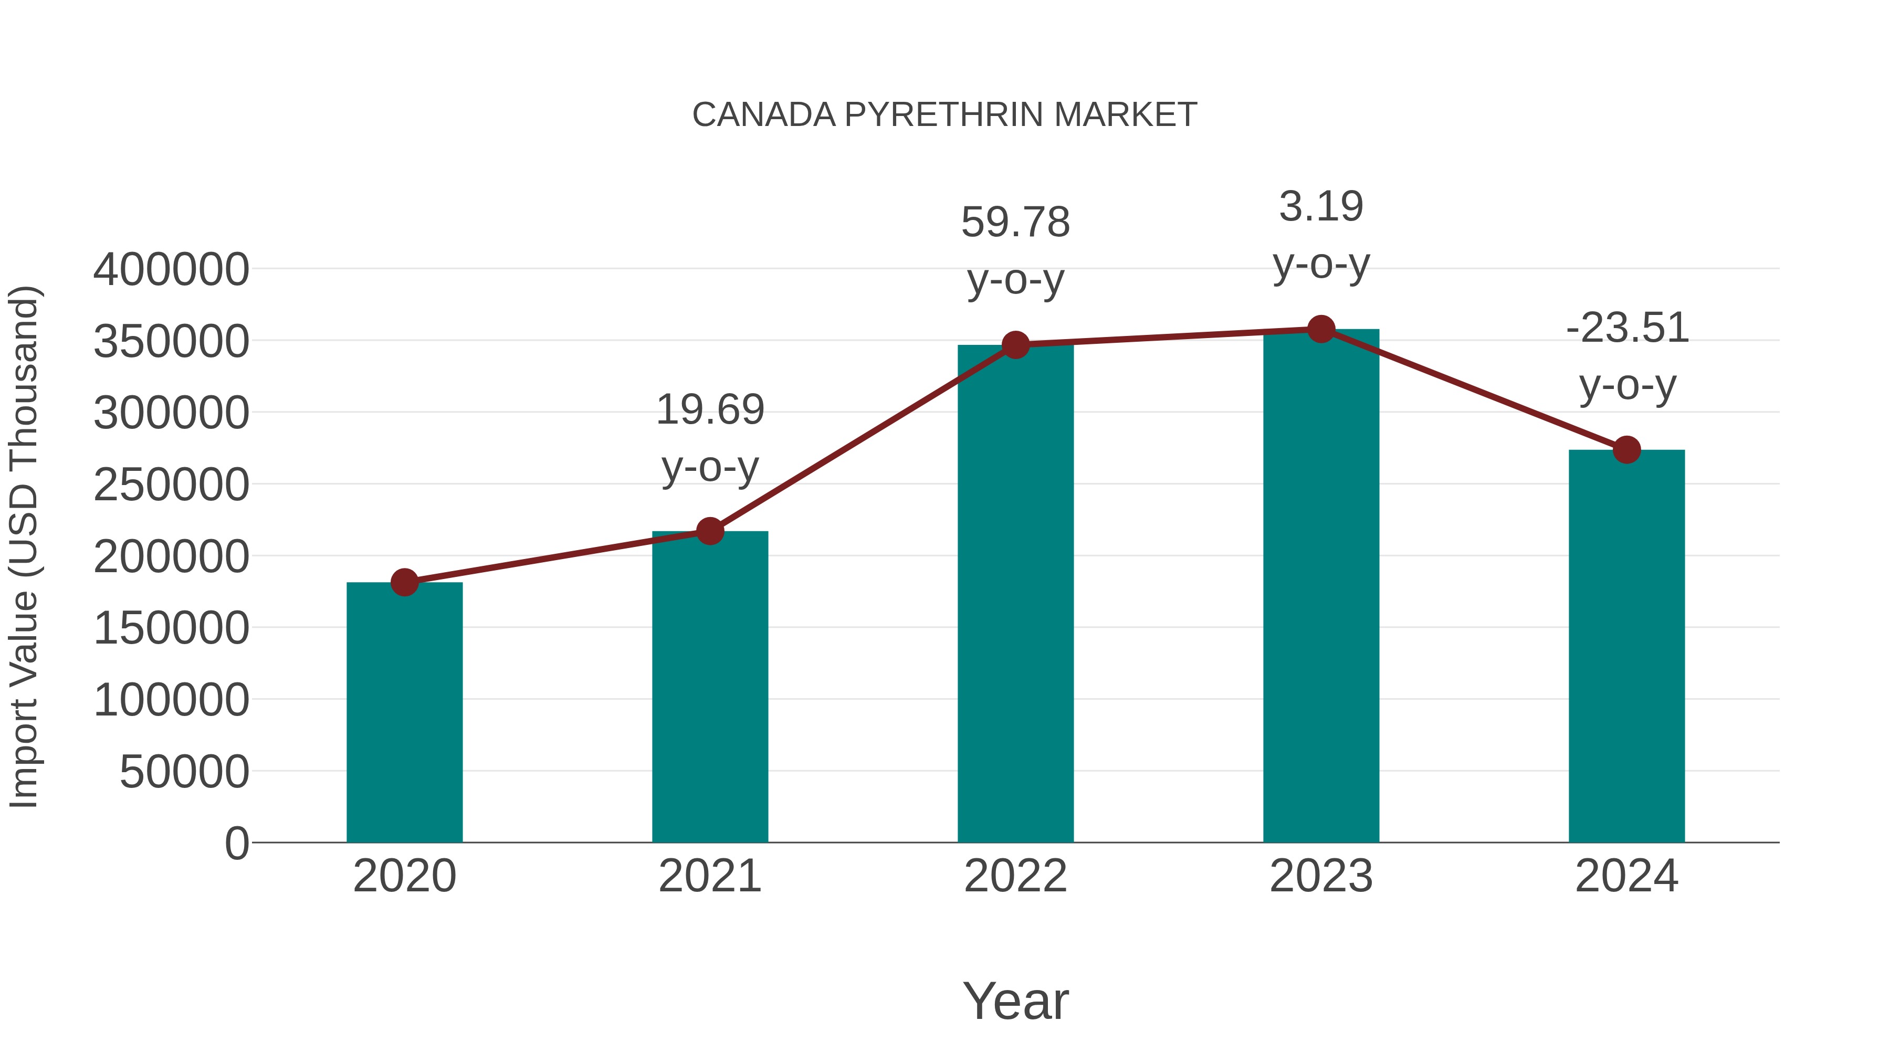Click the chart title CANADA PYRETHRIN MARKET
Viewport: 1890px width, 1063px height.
(x=944, y=115)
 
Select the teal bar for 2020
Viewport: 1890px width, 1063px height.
(x=404, y=712)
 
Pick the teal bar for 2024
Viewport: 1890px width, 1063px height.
(x=1626, y=646)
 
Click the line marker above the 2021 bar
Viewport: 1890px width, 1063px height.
(x=709, y=531)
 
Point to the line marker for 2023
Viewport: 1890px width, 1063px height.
(x=1321, y=329)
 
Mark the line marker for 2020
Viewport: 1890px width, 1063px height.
(x=404, y=583)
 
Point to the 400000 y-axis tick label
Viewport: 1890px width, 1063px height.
(x=171, y=269)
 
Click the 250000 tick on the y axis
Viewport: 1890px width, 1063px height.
(x=171, y=485)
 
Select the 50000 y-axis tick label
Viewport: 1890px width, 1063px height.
(x=184, y=772)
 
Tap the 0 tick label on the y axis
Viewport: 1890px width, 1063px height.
(x=237, y=843)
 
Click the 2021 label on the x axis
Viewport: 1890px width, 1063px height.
(x=709, y=876)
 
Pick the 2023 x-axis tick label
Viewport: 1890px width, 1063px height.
(x=1321, y=876)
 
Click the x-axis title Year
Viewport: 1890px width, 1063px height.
(x=1015, y=1001)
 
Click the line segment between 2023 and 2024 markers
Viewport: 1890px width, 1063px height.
(x=1473, y=390)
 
